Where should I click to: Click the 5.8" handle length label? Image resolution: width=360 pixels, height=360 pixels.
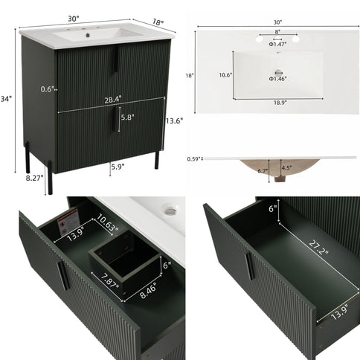click(128, 117)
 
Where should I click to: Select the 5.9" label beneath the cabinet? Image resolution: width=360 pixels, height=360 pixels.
click(118, 167)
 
